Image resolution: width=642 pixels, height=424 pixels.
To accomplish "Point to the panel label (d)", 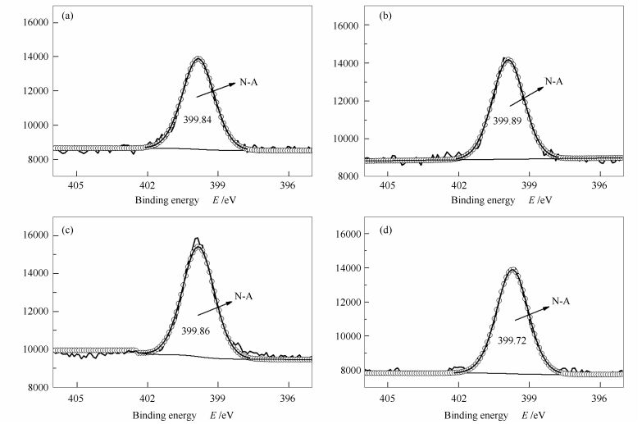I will pyautogui.click(x=383, y=230).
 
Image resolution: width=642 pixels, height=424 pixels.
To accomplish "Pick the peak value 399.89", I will pyautogui.click(x=508, y=121).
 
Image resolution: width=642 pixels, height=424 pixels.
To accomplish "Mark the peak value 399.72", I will pyautogui.click(x=512, y=339).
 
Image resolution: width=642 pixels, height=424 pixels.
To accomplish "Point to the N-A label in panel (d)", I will pyautogui.click(x=560, y=301).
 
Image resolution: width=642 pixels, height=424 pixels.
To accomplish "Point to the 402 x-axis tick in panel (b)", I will pyautogui.click(x=459, y=187).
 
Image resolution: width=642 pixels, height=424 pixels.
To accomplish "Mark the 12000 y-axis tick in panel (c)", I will pyautogui.click(x=34, y=311).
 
